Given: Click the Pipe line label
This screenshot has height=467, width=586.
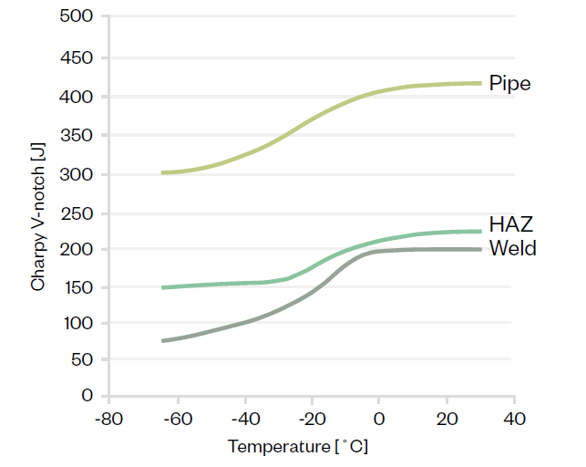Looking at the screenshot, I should (509, 83).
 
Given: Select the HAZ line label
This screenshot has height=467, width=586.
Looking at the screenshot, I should (511, 224).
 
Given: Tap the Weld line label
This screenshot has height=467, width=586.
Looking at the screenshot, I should (512, 248).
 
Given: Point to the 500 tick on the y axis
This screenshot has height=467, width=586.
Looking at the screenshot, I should (79, 16).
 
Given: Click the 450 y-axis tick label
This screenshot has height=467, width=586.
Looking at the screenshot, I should (79, 57).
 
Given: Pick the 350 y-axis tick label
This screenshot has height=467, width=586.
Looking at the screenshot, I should (79, 135).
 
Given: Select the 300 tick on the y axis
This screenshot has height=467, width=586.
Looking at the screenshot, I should (79, 174).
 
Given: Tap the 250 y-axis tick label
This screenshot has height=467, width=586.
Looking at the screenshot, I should (79, 213).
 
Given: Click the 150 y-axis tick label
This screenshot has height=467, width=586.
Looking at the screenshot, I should (79, 287).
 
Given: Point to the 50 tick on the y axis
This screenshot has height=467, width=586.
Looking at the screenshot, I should (84, 359).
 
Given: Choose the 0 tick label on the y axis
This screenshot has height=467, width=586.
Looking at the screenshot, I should (88, 396).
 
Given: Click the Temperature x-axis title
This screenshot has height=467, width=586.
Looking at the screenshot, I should (298, 447).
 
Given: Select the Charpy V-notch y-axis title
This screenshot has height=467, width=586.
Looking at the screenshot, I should (37, 223).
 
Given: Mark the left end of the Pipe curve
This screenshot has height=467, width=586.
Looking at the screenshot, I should (161, 172).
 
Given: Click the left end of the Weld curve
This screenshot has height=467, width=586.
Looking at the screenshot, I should (161, 341).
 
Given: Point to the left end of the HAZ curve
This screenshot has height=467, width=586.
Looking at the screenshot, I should (161, 287).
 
